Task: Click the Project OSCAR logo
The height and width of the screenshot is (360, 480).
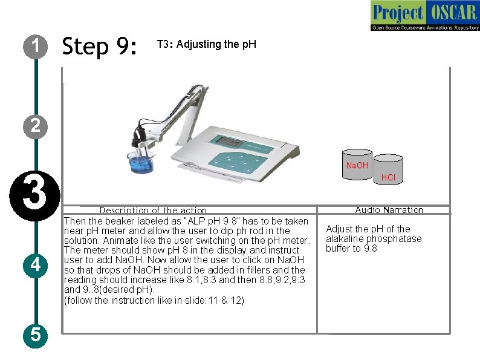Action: [425, 16]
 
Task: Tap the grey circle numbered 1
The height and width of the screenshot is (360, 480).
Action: [36, 47]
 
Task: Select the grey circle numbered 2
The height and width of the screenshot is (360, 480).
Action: [36, 126]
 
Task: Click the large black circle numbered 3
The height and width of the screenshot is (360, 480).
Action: [35, 196]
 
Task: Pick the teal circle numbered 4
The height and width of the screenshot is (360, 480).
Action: [36, 266]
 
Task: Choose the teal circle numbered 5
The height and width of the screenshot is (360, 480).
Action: [36, 335]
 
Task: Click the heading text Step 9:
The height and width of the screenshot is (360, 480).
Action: [99, 46]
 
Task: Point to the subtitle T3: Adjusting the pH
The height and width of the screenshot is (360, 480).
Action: [207, 44]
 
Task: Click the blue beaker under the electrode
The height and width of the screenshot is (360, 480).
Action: [141, 162]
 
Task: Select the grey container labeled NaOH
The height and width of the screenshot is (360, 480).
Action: [357, 165]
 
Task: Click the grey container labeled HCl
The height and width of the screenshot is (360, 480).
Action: [388, 169]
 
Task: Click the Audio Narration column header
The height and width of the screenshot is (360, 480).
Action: [389, 209]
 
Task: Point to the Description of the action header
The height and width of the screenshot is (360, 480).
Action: [153, 210]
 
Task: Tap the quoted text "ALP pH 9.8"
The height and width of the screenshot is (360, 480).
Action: [211, 221]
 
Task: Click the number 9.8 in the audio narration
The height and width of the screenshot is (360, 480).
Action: [371, 248]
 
